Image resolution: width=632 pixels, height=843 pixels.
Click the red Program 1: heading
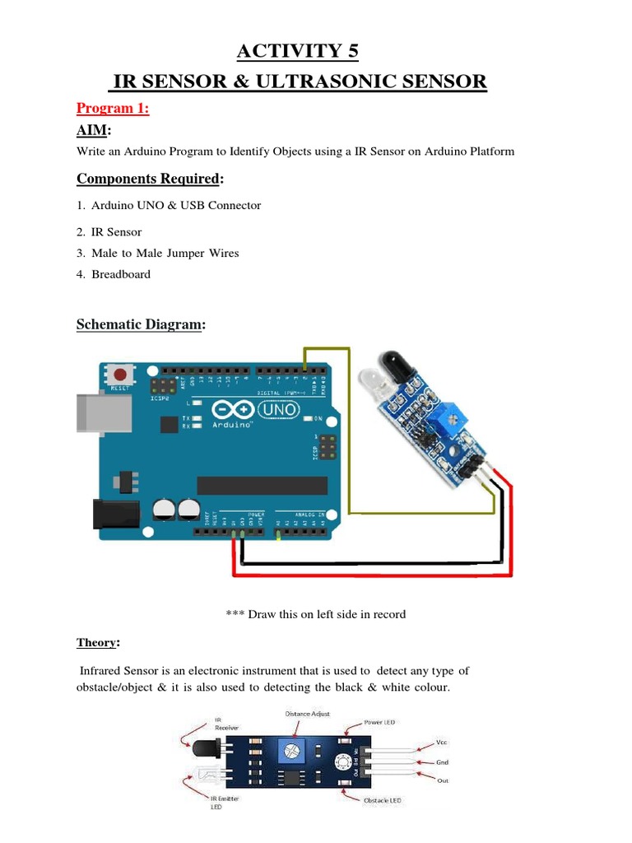point(113,108)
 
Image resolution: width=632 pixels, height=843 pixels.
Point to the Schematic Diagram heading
point(140,324)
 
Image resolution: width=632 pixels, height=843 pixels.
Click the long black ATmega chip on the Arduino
point(262,485)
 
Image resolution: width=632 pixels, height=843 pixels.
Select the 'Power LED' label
point(379,723)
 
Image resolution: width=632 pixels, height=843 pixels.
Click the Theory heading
point(98,642)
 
